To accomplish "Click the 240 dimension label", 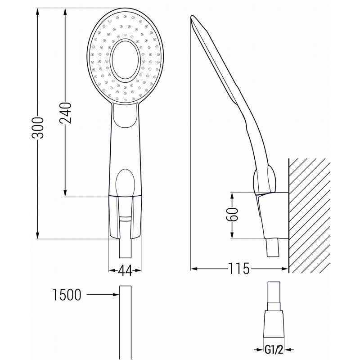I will (66, 113).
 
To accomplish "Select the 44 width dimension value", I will (125, 270).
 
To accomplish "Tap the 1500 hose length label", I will (67, 295).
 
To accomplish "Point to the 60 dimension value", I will (232, 216).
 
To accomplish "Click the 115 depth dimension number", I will (238, 269).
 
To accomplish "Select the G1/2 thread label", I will (274, 349).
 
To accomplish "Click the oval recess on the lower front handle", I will (125, 182).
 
